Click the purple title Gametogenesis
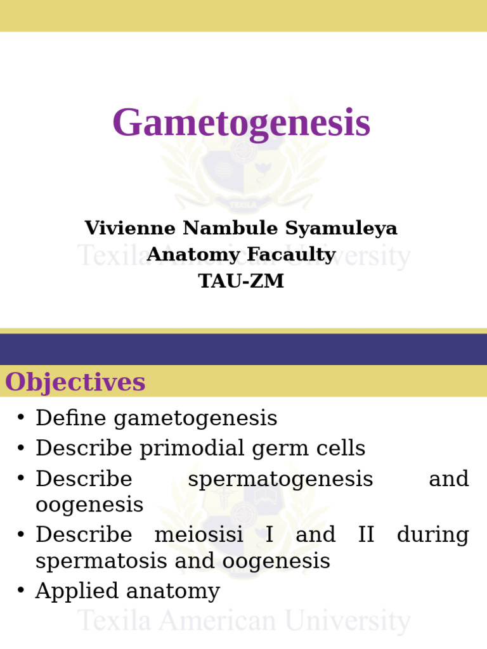[241, 123]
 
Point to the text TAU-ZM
[241, 281]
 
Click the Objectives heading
[75, 382]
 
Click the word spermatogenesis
[280, 479]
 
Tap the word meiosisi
[198, 535]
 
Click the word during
[432, 535]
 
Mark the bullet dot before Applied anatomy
[21, 591]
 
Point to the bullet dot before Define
[21, 418]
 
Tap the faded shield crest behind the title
[244, 158]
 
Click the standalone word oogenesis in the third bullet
[89, 506]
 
